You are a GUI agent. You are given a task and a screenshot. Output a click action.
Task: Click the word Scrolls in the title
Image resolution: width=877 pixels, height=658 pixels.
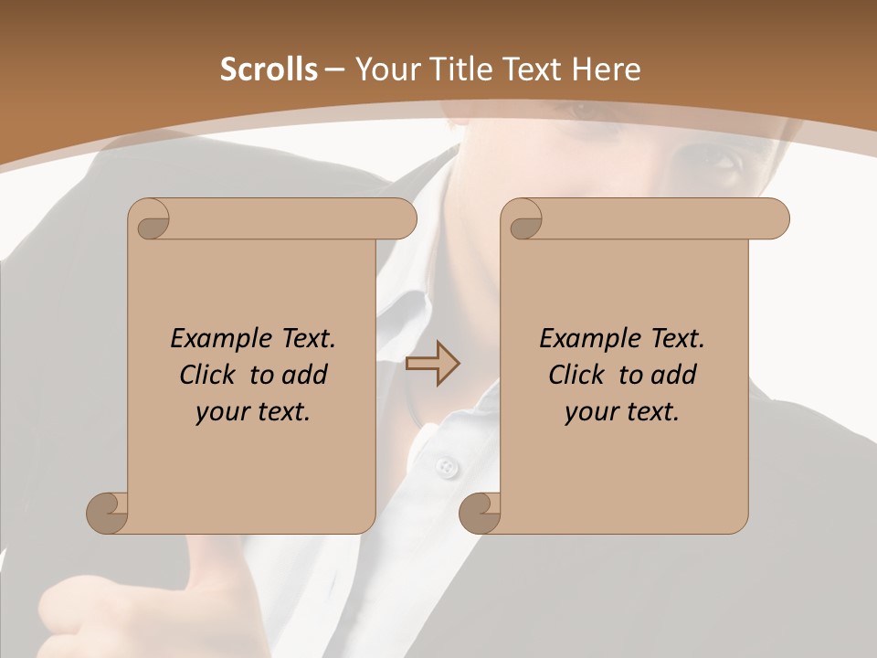(269, 69)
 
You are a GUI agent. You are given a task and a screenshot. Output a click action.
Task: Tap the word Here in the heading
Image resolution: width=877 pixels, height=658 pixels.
(607, 69)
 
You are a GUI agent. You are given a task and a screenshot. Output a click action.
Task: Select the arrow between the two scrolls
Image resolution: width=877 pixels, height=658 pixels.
(432, 364)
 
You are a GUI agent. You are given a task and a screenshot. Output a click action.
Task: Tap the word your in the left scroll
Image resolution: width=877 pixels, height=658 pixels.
(221, 412)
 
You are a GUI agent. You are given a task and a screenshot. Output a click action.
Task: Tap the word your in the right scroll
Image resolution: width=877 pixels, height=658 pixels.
(590, 412)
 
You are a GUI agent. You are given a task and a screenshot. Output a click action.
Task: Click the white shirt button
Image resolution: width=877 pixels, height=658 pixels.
(446, 467)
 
